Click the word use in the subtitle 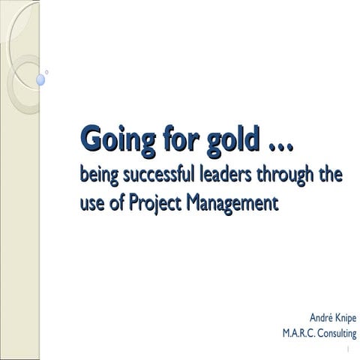(92, 202)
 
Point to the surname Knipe (342, 318)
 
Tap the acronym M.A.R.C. (295, 333)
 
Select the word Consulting (334, 334)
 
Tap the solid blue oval (40, 79)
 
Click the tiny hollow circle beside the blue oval (49, 71)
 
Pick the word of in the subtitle (116, 202)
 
